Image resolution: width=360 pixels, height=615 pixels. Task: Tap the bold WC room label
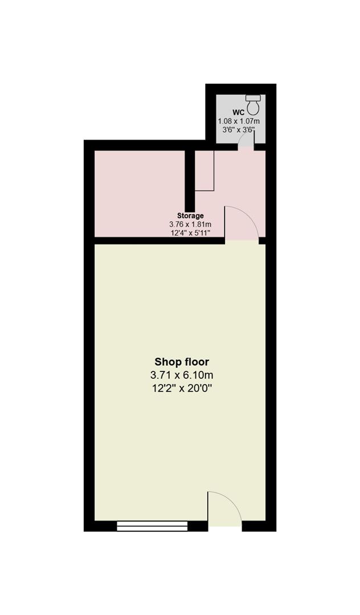click(239, 113)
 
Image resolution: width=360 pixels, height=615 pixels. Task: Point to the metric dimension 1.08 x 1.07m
click(239, 121)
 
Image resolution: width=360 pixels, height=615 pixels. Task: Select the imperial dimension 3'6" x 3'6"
click(239, 130)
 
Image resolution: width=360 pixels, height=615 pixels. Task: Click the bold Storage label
click(190, 216)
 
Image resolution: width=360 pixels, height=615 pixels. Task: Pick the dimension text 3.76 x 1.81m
click(190, 224)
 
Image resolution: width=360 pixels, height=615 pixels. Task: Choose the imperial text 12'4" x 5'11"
click(190, 233)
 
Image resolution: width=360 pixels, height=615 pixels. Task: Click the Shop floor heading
click(182, 362)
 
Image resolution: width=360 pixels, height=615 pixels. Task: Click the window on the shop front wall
click(152, 526)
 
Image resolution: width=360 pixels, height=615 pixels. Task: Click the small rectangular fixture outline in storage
click(204, 170)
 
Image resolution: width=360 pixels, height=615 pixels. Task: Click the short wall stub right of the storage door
click(262, 240)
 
